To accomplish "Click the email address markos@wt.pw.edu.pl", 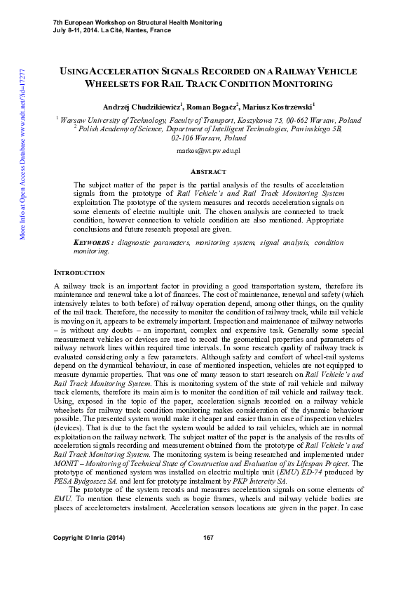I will click(x=208, y=151).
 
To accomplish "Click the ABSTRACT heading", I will click(x=208, y=172).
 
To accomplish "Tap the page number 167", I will click(x=208, y=557).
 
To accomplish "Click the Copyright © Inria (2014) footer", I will click(x=87, y=557).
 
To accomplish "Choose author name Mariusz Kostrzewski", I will click(x=278, y=107).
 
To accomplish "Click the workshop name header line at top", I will click(x=137, y=22).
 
